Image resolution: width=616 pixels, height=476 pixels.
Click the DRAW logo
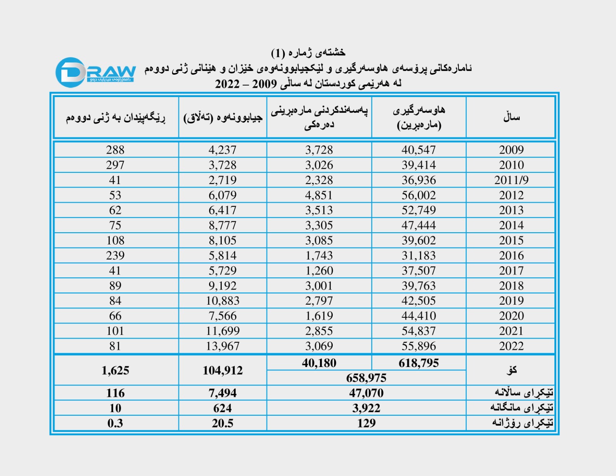tap(95, 72)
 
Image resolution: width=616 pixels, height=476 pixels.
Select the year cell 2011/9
tap(511, 180)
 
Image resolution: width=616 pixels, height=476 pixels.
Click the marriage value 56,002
tap(418, 195)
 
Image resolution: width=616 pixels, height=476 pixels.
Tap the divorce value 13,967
tap(223, 346)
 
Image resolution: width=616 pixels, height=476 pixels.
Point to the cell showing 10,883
tap(223, 301)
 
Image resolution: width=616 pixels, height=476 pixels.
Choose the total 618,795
tap(418, 363)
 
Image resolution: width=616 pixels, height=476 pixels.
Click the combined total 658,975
tap(366, 378)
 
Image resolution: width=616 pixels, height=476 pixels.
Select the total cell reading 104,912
tap(223, 370)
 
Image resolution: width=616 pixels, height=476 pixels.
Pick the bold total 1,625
tap(115, 370)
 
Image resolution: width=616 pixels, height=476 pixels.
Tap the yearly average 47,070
tap(366, 393)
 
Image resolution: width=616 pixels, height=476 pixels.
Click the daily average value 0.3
tap(115, 423)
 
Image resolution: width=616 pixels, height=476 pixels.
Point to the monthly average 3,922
tap(366, 408)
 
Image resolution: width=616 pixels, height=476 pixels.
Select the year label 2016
tap(511, 256)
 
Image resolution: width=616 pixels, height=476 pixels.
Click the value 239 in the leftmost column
tap(115, 256)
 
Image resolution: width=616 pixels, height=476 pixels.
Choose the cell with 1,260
tap(319, 271)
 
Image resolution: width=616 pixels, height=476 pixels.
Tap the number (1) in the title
tap(278, 53)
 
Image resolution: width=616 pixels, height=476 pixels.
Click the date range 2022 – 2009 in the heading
tap(246, 84)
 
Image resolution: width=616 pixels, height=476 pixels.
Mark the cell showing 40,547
tap(418, 150)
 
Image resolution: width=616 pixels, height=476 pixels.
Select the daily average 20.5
tap(223, 423)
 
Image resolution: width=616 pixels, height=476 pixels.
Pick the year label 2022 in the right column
tap(511, 346)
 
